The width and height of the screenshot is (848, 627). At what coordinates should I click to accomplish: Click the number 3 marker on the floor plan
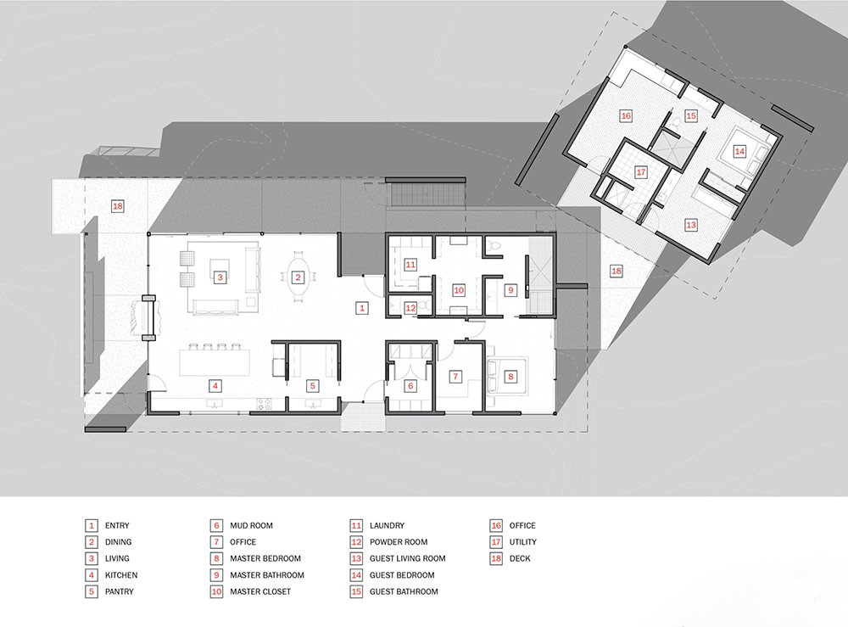220,277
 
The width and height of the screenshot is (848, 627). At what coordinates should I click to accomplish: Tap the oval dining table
298,277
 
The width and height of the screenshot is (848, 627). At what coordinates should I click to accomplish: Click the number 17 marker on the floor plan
641,172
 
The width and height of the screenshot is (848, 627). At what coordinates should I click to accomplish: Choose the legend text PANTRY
119,591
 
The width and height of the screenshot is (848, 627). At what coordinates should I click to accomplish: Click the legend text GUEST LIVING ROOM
407,558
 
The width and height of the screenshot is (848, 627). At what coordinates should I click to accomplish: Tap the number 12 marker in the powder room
410,308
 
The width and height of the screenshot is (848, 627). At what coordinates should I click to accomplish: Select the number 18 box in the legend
496,558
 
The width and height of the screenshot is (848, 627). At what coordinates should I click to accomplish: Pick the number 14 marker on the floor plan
739,152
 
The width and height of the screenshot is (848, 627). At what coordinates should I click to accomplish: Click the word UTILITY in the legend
523,541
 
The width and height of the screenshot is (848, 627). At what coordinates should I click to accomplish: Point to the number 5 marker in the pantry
312,386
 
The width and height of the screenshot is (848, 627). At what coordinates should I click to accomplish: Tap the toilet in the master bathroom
494,247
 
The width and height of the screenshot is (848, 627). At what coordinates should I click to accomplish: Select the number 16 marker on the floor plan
626,115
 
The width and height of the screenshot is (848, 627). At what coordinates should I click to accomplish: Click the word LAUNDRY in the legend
387,525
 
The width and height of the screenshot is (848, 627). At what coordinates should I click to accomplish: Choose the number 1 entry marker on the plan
362,308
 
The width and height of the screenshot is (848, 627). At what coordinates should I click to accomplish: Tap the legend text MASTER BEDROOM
265,558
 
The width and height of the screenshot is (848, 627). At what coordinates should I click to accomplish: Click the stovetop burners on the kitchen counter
264,403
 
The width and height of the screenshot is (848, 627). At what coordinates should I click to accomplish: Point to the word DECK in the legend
520,558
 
